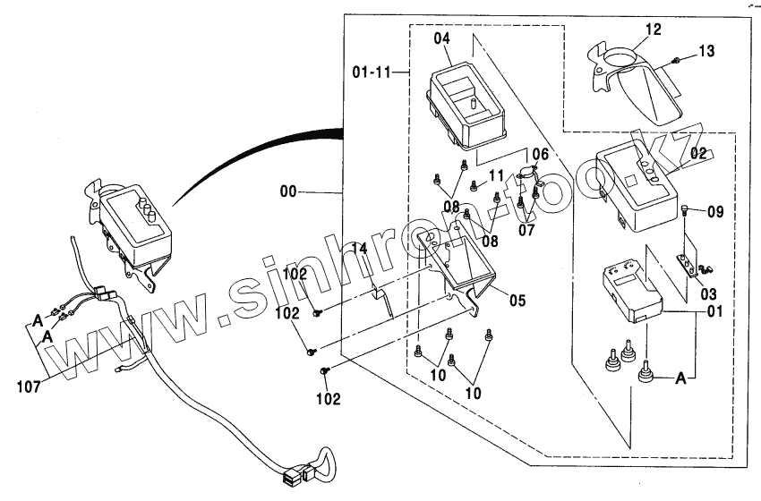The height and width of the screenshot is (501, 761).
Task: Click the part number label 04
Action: [442, 39]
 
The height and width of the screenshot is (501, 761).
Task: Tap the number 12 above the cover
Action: [653, 30]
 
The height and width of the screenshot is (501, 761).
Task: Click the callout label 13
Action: [706, 52]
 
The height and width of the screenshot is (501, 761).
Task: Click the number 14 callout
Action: [358, 249]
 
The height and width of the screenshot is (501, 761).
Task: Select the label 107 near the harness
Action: [30, 386]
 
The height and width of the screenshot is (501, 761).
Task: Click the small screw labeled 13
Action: [677, 60]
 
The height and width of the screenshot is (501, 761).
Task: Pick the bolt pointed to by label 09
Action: [685, 212]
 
